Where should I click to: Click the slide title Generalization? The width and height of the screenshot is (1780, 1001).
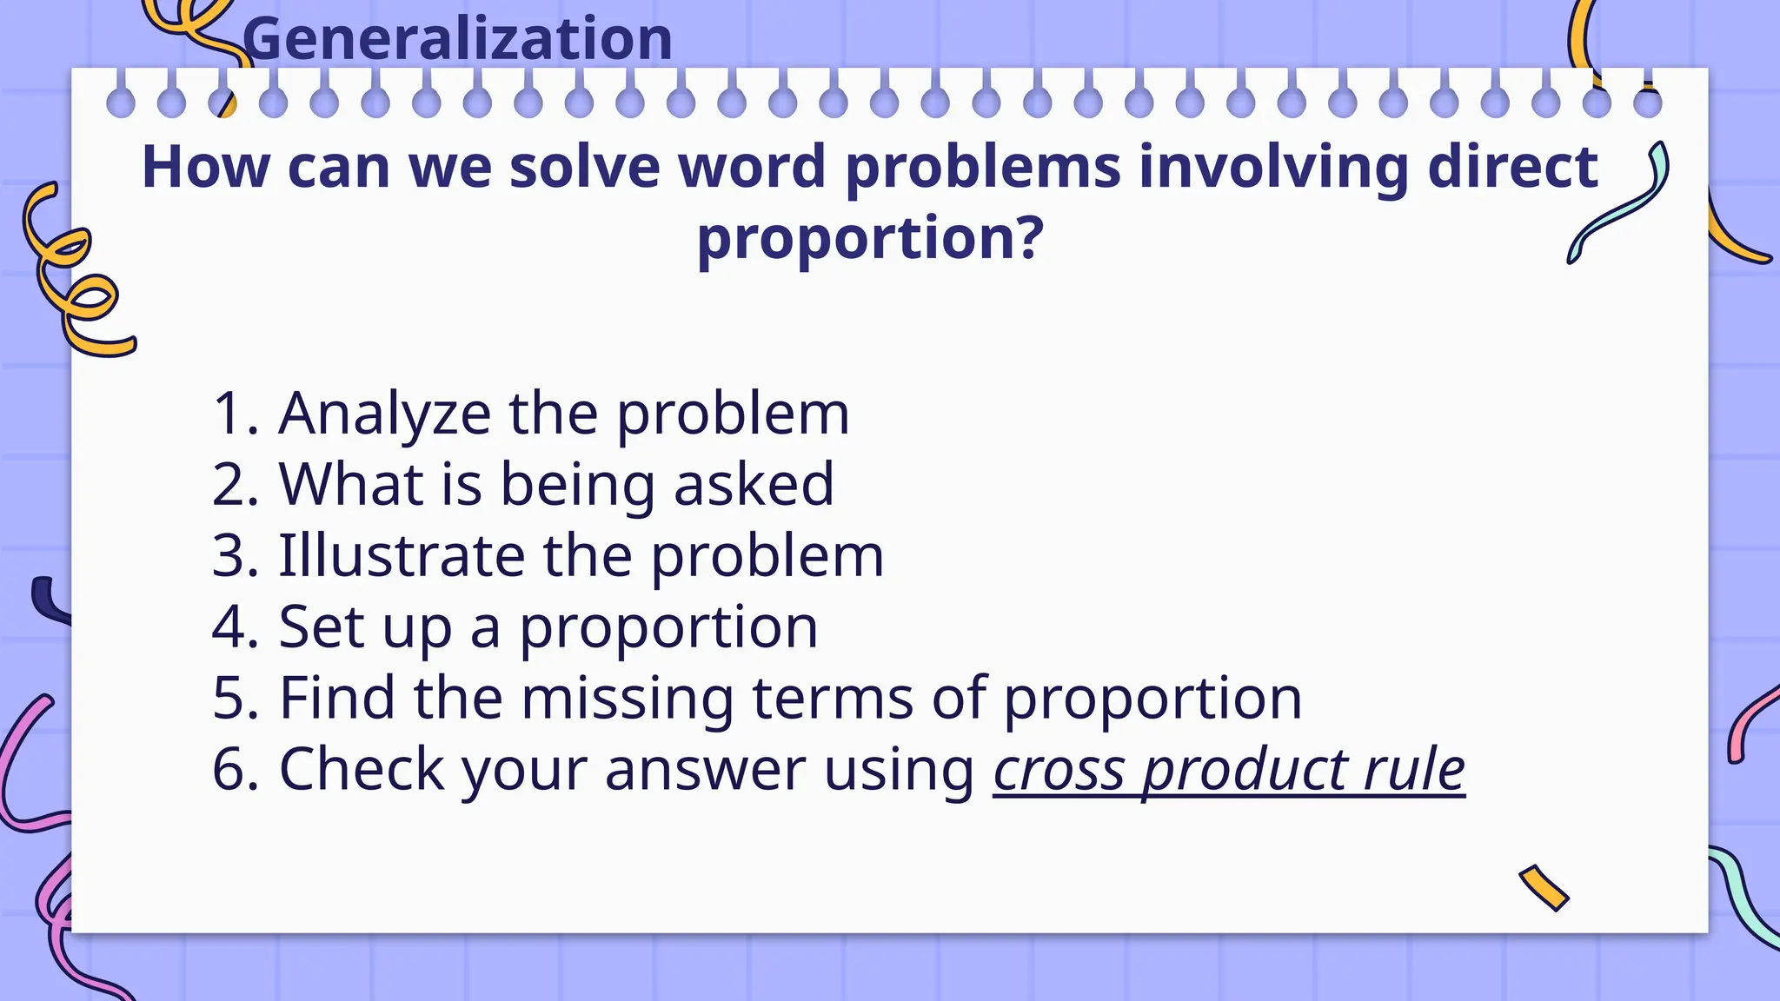click(x=458, y=39)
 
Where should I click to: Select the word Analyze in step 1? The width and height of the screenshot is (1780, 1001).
click(x=384, y=414)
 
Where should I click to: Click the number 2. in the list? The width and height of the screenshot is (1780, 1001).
click(x=236, y=485)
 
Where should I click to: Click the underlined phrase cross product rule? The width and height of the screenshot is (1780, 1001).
click(x=1229, y=770)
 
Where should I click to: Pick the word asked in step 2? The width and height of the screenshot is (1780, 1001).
click(x=754, y=485)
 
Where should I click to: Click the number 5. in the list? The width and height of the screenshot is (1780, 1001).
click(x=236, y=699)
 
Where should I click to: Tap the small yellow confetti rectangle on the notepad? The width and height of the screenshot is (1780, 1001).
click(x=1544, y=887)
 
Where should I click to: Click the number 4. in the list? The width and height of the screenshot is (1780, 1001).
click(x=236, y=627)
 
